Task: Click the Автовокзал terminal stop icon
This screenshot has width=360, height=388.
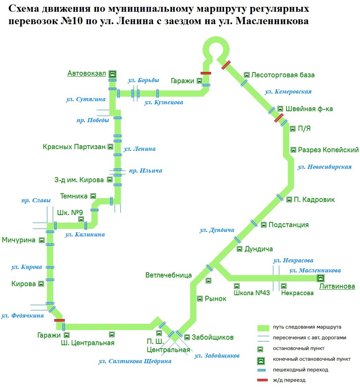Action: pos(113,74)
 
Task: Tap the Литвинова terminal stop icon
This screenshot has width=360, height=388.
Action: pos(320,278)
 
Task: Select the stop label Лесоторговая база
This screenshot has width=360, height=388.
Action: pos(283,75)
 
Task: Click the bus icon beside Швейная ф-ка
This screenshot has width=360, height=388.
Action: pos(280,109)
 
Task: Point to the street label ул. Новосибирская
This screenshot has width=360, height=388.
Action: pos(324,167)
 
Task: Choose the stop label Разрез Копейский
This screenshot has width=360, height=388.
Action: pos(328,150)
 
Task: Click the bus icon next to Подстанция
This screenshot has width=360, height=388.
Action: pos(264,225)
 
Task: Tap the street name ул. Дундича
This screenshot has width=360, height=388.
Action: pos(217,230)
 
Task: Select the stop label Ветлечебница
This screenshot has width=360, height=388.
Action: pos(168,275)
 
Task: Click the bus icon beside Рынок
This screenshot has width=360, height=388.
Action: pos(200,299)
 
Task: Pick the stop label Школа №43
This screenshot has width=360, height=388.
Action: pos(252,293)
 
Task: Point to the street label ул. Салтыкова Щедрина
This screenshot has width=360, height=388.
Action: pos(135,361)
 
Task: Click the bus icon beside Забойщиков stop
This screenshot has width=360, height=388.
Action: pos(187,337)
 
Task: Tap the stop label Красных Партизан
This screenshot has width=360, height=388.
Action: pos(74,147)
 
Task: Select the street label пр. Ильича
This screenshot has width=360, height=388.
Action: pos(145,171)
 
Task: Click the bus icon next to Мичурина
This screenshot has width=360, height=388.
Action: pos(42,240)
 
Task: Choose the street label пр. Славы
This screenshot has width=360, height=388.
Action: pos(36,201)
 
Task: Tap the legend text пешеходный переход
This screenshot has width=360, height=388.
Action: pos(300,370)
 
